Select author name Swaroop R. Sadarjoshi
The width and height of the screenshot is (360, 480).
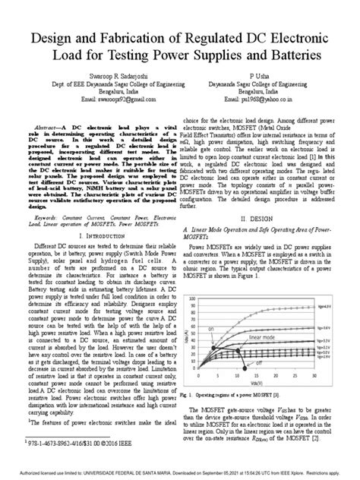[91, 77]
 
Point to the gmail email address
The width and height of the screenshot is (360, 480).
[91, 99]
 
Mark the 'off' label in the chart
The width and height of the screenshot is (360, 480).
[258, 363]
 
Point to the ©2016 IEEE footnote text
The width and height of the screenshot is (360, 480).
[76, 443]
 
